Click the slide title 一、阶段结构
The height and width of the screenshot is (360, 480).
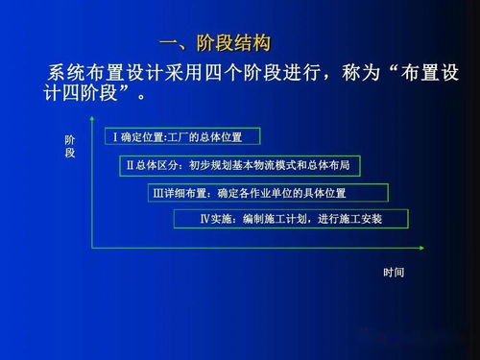[x=215, y=43]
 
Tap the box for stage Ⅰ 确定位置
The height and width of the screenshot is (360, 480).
[x=185, y=137]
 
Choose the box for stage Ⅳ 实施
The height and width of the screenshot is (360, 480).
[x=291, y=219]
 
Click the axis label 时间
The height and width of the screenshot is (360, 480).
[x=394, y=273]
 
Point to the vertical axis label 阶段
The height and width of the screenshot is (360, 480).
[x=70, y=147]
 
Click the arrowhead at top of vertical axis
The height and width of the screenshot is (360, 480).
[x=91, y=122]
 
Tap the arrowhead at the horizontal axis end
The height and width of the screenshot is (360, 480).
[x=420, y=247]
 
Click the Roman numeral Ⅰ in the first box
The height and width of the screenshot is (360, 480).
[x=115, y=137]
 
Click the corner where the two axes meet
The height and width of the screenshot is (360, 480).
[x=91, y=247]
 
